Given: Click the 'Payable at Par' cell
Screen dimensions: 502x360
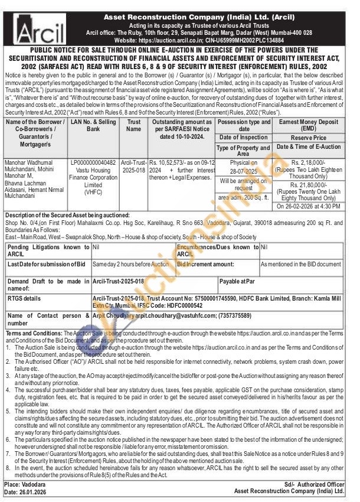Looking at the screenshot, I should (x=237, y=282).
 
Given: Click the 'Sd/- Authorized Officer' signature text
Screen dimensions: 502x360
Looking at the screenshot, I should (x=309, y=484).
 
